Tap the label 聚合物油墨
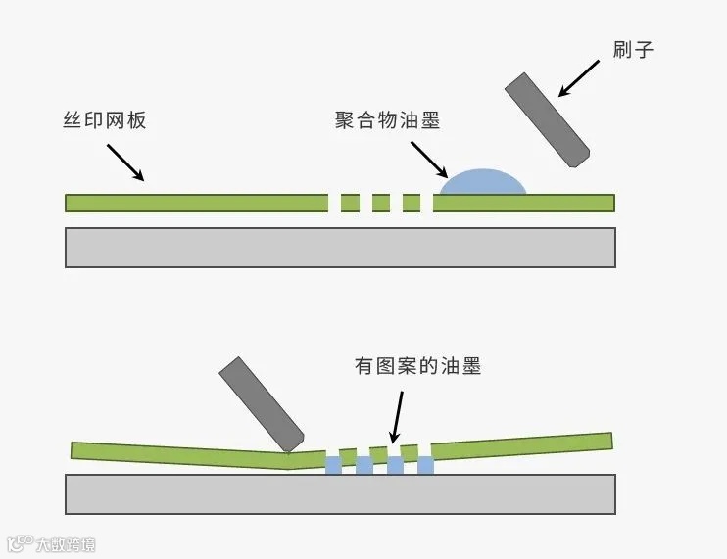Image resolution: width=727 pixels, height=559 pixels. point(386,121)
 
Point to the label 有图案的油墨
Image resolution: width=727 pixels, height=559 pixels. point(418,367)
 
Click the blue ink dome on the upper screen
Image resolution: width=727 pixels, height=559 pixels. point(481,183)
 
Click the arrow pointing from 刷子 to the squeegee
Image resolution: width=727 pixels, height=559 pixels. point(578,77)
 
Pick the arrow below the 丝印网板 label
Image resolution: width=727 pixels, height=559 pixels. point(125,163)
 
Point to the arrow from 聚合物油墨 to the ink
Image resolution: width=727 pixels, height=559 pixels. point(429,159)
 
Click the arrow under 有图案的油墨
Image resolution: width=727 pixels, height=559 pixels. point(396,416)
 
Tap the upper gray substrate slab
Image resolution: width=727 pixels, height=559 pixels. point(340,247)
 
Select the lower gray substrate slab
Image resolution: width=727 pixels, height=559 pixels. point(340,493)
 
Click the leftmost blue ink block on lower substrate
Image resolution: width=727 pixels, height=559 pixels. point(333,465)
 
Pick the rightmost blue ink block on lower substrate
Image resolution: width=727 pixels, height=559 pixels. point(425,465)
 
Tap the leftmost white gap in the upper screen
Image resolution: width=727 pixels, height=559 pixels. point(334,203)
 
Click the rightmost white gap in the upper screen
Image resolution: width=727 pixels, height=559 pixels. point(427,203)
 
